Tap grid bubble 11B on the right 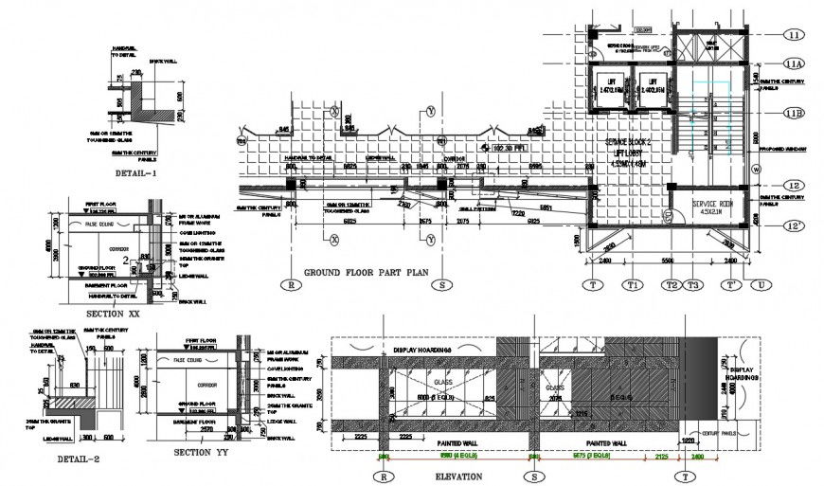coord(794,114)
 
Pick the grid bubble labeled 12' coord(794,225)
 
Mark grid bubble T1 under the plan coord(631,283)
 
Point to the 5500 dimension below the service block coord(667,260)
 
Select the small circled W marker coord(756,170)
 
